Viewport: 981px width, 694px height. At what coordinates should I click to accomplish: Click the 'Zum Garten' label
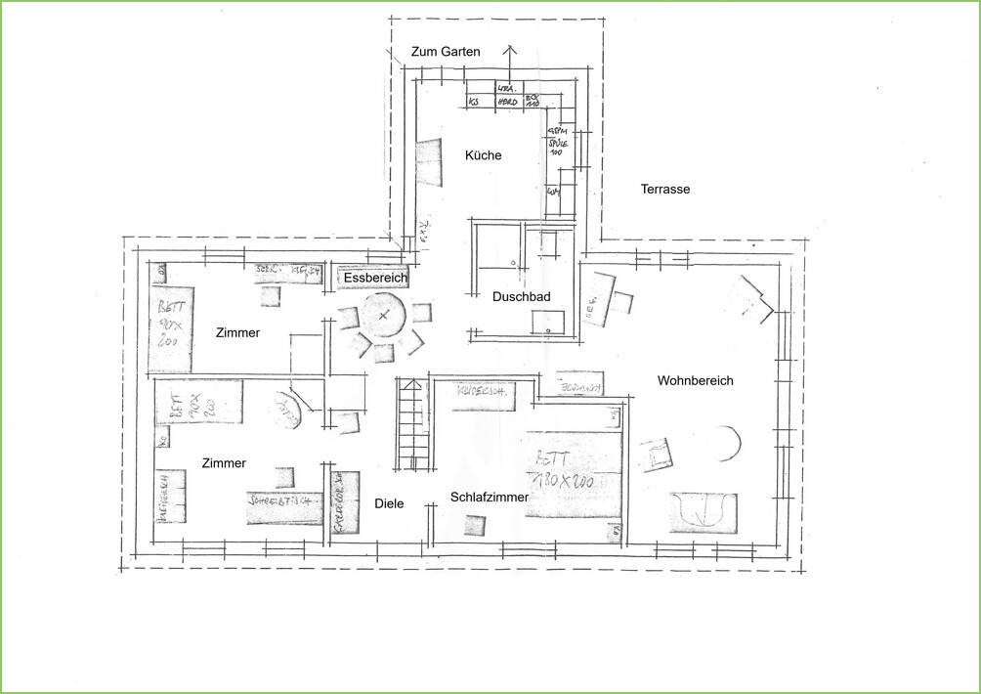click(x=445, y=52)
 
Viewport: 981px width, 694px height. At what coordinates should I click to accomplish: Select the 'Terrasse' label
click(x=665, y=189)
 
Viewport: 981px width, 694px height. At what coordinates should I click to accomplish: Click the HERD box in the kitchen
click(x=507, y=102)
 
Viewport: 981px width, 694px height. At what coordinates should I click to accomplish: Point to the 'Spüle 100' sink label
click(x=558, y=147)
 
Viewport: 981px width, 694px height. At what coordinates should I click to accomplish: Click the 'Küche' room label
click(x=483, y=155)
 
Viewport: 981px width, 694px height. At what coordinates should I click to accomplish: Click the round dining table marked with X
click(x=384, y=316)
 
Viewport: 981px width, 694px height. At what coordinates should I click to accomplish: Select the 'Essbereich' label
click(x=375, y=279)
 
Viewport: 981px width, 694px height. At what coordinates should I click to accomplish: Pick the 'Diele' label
click(x=389, y=504)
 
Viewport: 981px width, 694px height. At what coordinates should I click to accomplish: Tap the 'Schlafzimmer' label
click(x=489, y=498)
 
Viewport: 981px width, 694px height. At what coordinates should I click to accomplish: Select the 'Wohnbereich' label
click(x=695, y=380)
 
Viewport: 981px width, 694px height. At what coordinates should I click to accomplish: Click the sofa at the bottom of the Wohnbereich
click(x=703, y=511)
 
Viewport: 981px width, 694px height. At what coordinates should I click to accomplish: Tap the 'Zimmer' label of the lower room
click(x=224, y=463)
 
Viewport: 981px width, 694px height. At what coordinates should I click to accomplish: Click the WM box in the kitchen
click(x=554, y=191)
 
